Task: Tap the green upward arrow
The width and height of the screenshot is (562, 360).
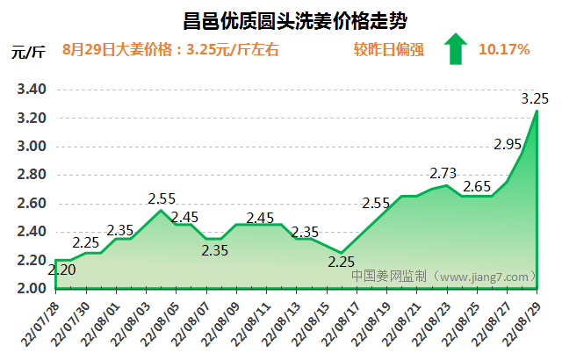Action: (x=455, y=49)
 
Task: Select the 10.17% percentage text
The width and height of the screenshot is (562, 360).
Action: (x=504, y=49)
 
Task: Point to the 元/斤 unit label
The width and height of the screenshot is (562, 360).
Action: (x=28, y=50)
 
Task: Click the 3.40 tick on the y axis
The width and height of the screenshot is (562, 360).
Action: (x=31, y=90)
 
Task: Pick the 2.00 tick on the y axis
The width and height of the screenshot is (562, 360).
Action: (x=31, y=289)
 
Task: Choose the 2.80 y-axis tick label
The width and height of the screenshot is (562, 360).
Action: (x=31, y=175)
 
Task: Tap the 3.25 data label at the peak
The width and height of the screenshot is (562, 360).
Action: (x=535, y=98)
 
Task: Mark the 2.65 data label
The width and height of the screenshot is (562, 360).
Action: (x=477, y=186)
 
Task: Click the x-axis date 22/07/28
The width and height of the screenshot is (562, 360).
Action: (x=41, y=323)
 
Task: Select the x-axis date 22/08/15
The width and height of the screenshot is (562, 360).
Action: (x=312, y=323)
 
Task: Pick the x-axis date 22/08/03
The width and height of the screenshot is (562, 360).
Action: (x=132, y=323)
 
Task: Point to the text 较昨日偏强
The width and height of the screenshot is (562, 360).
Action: (x=389, y=49)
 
